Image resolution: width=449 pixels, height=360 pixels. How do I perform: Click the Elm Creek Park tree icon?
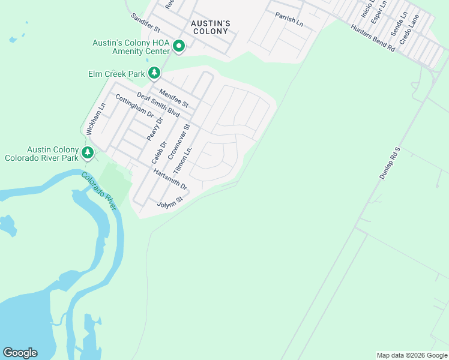click(x=155, y=73)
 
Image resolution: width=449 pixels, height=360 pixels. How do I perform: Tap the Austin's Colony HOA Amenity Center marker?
click(x=178, y=46)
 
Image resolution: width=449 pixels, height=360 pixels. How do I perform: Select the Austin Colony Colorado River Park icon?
click(x=88, y=153)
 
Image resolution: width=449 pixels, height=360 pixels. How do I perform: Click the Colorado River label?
click(x=99, y=191)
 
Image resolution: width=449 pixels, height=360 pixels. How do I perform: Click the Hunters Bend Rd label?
click(x=373, y=38)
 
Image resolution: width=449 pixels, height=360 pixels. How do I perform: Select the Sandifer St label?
click(x=145, y=23)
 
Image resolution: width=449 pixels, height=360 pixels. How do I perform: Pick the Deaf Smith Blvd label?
click(x=158, y=104)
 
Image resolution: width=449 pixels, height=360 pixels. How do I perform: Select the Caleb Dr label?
click(x=158, y=152)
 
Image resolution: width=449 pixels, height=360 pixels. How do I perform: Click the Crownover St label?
click(x=179, y=142)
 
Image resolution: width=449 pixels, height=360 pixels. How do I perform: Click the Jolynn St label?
click(x=169, y=202)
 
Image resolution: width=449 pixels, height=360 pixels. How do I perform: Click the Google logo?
click(x=20, y=353)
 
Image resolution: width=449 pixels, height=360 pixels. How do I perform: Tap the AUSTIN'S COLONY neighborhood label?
click(x=209, y=27)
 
